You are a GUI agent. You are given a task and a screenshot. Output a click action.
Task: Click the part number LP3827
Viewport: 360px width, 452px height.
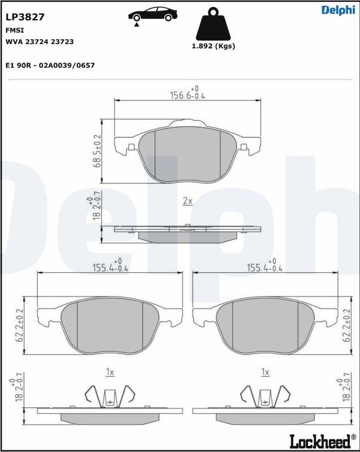pos(25,17)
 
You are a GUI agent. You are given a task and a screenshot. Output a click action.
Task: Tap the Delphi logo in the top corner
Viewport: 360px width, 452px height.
pos(339,10)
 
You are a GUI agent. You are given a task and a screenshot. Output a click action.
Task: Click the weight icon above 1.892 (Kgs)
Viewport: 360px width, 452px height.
pos(213,23)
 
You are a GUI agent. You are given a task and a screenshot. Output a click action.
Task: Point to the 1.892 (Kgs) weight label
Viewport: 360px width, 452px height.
pos(213,46)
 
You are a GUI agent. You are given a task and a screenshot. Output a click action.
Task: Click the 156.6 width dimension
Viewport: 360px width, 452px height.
pos(188,93)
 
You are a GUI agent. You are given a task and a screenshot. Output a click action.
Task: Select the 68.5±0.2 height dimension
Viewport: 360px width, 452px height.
pos(97,151)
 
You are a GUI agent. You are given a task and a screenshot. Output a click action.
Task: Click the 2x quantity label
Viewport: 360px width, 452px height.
pos(188,201)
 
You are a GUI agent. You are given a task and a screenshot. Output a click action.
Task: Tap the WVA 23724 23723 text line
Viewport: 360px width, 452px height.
pos(39,42)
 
